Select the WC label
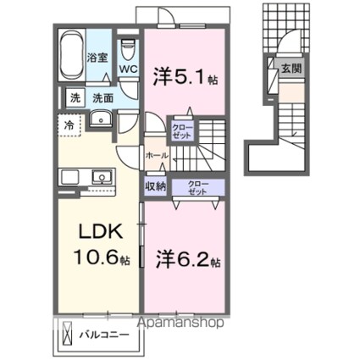128,69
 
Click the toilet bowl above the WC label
128,47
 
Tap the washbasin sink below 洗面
102,119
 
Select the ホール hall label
156,157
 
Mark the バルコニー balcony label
105,335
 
